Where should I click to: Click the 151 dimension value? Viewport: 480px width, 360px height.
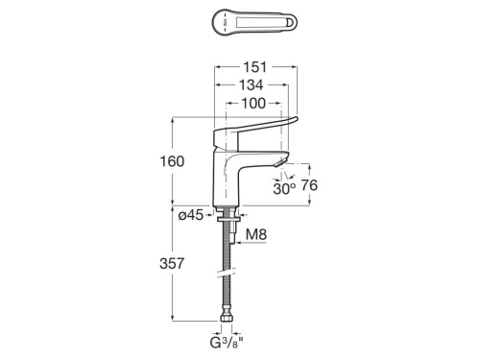click(x=254, y=67)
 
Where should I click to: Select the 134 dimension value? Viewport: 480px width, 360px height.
click(x=252, y=85)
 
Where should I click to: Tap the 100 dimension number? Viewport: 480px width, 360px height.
click(x=253, y=104)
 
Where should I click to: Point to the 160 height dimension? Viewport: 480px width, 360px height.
click(x=172, y=161)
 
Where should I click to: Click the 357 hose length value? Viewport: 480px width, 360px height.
click(x=172, y=264)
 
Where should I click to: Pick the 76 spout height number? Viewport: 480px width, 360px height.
click(x=309, y=185)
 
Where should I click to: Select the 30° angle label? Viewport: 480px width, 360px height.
click(x=284, y=189)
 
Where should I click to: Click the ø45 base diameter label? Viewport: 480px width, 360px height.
click(x=191, y=215)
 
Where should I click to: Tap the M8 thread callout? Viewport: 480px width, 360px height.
click(x=256, y=234)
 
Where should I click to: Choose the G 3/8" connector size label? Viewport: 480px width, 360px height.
click(x=227, y=343)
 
